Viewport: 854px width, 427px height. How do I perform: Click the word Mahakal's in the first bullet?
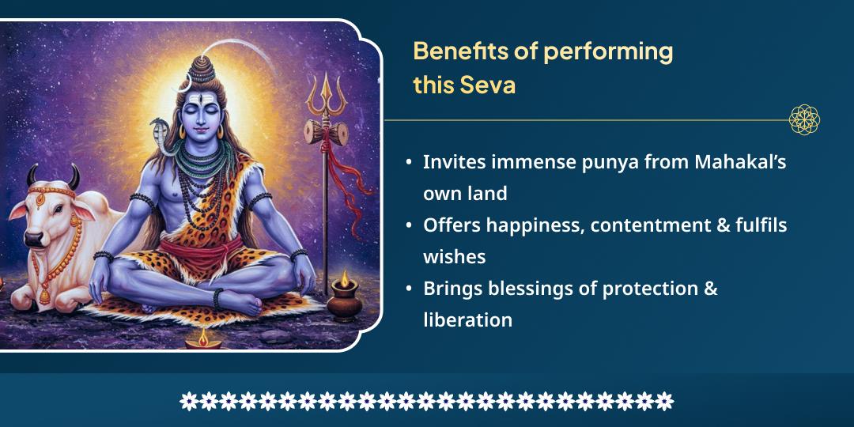(x=740, y=161)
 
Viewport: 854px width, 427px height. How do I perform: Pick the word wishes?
(x=454, y=257)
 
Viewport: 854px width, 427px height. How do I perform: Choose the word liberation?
(x=467, y=320)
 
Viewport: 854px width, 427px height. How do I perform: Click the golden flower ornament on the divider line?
(x=804, y=120)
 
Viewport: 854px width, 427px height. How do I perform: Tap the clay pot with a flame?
(x=345, y=300)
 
